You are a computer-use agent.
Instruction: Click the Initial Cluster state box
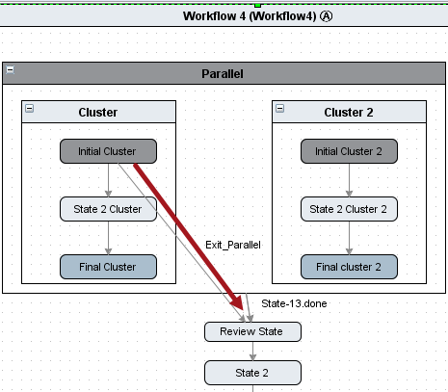[108, 151]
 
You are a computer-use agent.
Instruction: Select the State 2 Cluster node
[108, 209]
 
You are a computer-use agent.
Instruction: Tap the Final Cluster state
[108, 267]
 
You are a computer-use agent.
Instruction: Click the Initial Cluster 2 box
[349, 151]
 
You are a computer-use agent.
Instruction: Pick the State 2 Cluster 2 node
[349, 209]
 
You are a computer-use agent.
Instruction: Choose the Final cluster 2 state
[349, 267]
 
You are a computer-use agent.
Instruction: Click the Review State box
[252, 331]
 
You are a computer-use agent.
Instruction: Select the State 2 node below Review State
[252, 373]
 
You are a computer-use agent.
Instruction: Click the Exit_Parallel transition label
[233, 245]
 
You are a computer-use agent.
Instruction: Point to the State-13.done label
[294, 303]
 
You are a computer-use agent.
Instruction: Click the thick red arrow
[189, 237]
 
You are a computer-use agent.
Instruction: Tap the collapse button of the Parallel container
[11, 69]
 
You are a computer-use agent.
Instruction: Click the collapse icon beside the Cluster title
[30, 108]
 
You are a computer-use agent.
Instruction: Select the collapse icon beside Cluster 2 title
[280, 108]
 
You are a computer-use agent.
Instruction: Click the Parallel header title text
[223, 74]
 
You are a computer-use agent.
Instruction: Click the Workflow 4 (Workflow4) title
[250, 16]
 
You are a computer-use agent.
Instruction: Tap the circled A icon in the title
[326, 16]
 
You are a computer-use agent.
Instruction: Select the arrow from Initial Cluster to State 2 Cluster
[109, 180]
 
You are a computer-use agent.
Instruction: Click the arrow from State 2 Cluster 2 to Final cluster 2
[350, 238]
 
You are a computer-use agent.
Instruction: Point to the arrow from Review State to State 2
[252, 351]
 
